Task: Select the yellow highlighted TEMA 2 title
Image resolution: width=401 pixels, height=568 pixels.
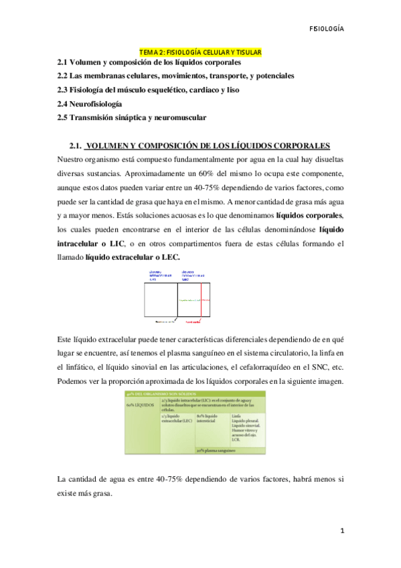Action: tap(200, 52)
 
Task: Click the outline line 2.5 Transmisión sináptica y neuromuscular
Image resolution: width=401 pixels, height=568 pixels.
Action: tap(132, 118)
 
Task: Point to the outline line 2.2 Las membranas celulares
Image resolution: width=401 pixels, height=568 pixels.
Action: tap(175, 76)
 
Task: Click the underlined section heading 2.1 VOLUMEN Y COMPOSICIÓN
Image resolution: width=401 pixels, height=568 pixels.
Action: tap(200, 146)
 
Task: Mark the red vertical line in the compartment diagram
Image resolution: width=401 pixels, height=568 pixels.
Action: tap(202, 299)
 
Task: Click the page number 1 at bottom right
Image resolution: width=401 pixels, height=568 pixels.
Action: tap(342, 531)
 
